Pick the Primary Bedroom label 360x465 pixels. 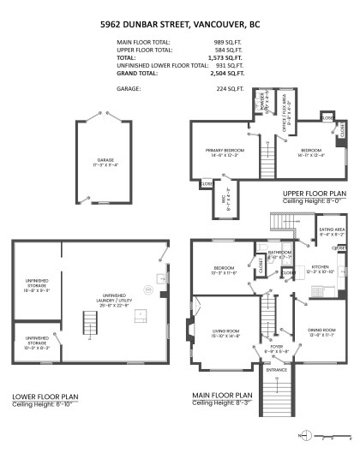pyautogui.click(x=220, y=152)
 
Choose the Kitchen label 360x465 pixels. pyautogui.click(x=320, y=269)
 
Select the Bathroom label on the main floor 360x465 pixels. pyautogui.click(x=279, y=254)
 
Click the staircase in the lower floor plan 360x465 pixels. pyautogui.click(x=88, y=324)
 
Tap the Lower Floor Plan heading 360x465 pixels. pyautogui.click(x=45, y=396)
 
